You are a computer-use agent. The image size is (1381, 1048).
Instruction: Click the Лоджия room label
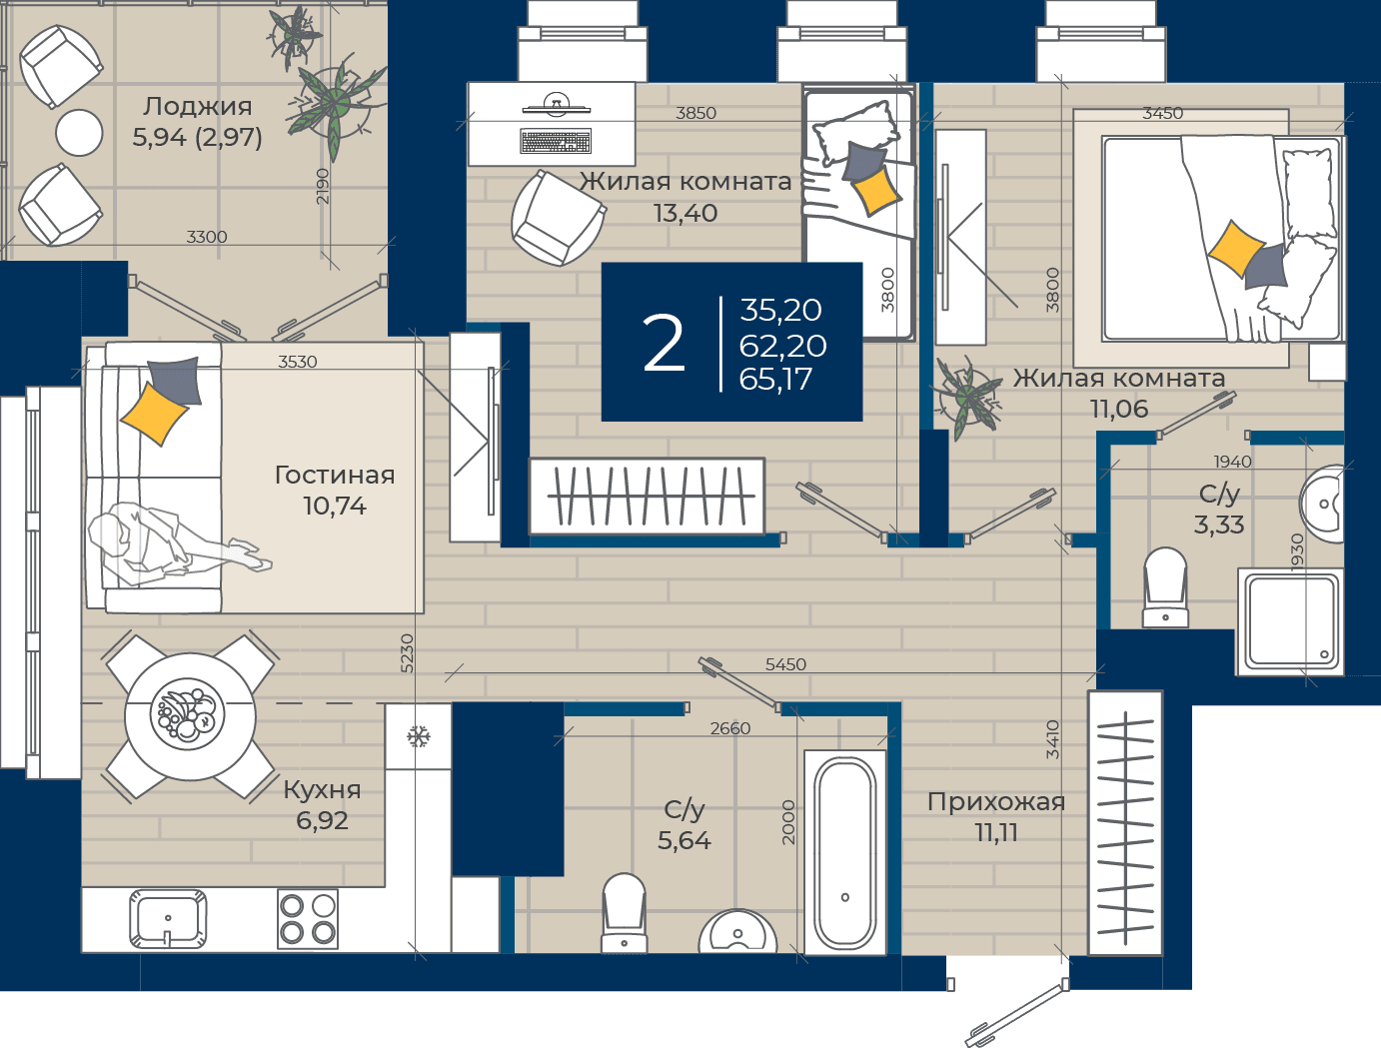tap(197, 107)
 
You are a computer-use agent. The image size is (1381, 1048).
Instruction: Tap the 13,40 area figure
tap(686, 213)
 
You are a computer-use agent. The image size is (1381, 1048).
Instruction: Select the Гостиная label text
tap(335, 475)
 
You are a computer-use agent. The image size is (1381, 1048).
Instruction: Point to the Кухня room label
tap(322, 790)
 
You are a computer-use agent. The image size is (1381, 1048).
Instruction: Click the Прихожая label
tap(996, 802)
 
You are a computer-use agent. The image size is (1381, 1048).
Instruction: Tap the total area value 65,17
tap(775, 380)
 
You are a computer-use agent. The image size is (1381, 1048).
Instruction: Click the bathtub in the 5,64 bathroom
tap(845, 852)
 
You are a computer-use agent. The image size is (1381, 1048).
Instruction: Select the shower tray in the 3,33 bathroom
tap(1291, 622)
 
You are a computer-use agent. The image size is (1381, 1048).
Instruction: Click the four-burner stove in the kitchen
tap(308, 918)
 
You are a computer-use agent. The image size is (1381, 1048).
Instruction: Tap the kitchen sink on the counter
tap(168, 918)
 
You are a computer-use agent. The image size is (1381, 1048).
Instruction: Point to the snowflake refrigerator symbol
tap(418, 736)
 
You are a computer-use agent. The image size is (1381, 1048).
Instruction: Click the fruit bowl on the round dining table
tap(187, 714)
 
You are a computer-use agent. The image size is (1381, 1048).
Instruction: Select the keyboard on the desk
tap(556, 142)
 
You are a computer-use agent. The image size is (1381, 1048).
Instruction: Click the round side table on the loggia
tap(79, 133)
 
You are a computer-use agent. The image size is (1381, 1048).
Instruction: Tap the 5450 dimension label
tap(785, 664)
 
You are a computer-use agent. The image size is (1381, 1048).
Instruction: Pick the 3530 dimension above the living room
tap(298, 362)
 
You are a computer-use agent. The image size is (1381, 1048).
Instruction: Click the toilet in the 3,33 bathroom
tap(1165, 587)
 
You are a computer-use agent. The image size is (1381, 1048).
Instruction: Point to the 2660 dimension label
tap(729, 728)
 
